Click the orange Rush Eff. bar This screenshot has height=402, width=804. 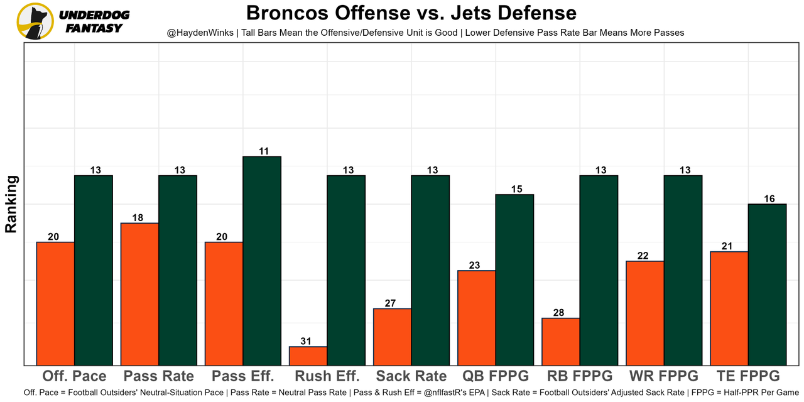308,356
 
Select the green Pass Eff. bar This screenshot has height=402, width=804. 262,261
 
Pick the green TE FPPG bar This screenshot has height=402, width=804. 767,284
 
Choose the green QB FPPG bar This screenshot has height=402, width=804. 514,280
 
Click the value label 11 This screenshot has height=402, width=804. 264,151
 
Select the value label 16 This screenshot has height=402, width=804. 769,198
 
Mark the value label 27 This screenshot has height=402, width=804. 390,303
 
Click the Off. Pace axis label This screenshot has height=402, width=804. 74,376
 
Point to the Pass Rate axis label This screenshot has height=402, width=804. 158,376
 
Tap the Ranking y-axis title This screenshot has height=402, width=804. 11,204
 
